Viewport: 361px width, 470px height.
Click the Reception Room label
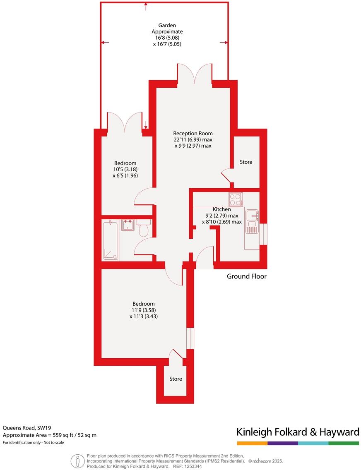point(193,133)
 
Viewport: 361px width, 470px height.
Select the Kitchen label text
point(221,209)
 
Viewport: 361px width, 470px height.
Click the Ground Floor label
point(246,276)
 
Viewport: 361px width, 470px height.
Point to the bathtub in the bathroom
point(111,240)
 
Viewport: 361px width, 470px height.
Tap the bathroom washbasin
point(128,225)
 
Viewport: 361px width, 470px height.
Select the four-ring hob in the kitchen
point(236,199)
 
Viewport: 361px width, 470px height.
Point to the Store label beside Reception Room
point(246,162)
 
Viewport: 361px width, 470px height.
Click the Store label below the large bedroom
point(176,379)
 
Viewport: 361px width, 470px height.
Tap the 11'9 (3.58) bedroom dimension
point(144,310)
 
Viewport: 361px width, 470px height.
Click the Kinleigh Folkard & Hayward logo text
point(297,432)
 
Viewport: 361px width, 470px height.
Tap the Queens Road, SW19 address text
point(27,428)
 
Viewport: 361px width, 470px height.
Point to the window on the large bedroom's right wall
point(190,338)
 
